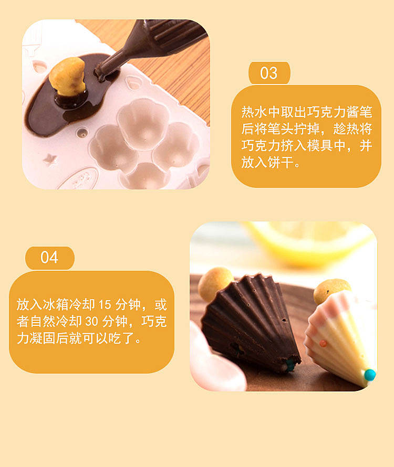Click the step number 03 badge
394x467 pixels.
coord(269,73)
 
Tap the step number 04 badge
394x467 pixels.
coord(49,258)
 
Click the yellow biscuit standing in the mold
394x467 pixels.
coord(68,77)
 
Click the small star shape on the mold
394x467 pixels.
coord(50,160)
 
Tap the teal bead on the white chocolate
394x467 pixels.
coord(370,375)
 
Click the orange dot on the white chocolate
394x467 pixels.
coord(323,344)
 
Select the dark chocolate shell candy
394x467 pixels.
coord(251,322)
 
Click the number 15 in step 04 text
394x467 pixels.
coord(105,305)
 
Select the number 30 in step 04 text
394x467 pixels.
coord(91,322)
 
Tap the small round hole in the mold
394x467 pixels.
coord(82,133)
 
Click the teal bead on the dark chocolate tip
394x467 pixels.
coord(289,365)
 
